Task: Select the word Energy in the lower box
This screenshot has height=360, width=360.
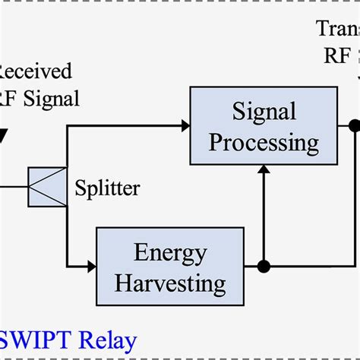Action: coord(170,253)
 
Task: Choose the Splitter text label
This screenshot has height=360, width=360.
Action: coord(108,188)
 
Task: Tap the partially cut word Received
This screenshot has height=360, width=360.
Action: coord(35,71)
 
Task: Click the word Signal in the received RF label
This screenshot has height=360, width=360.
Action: coord(50,98)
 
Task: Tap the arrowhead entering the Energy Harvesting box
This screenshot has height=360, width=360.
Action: coord(91,267)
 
